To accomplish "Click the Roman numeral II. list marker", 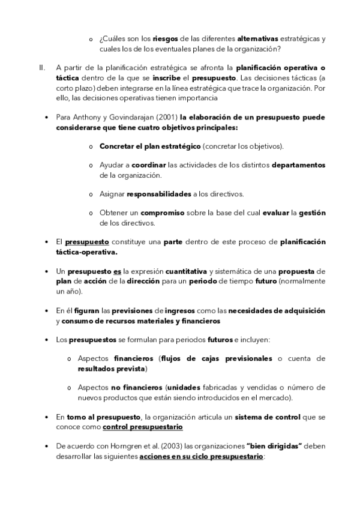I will click(x=41, y=68).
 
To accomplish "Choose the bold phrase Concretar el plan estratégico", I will click(x=150, y=146).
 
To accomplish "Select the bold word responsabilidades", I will click(x=159, y=194).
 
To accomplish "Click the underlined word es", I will click(x=117, y=272).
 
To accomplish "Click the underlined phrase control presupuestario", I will click(x=143, y=427).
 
